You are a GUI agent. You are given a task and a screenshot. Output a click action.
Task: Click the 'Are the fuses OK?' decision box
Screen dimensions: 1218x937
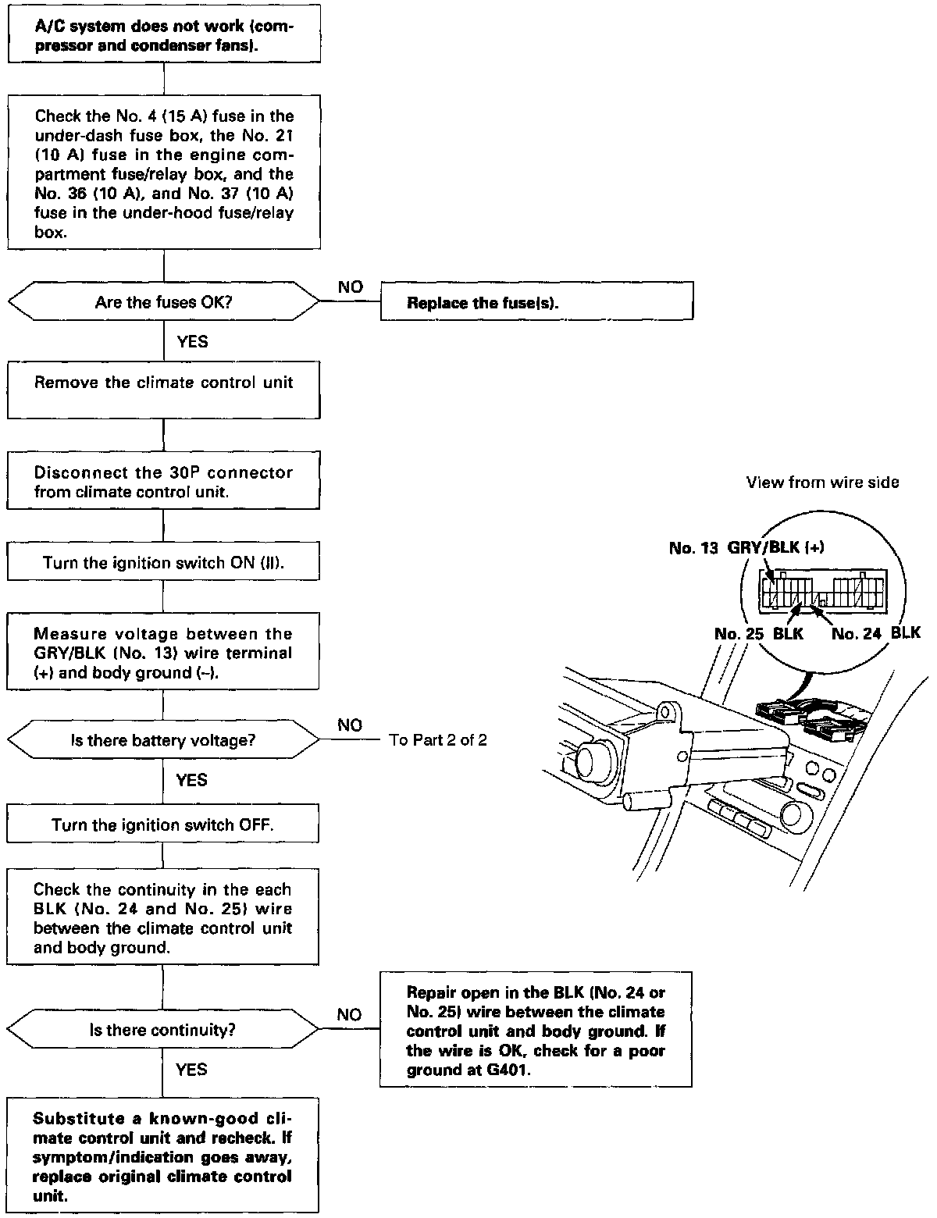click(x=163, y=302)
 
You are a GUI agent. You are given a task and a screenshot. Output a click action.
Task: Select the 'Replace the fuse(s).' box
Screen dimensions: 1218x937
click(x=536, y=302)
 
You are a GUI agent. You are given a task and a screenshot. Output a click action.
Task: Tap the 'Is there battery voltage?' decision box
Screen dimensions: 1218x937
click(x=163, y=739)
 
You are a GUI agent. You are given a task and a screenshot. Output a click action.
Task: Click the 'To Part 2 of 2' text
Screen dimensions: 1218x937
click(x=438, y=740)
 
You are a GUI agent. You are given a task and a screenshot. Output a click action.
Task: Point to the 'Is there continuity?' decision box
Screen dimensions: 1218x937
click(x=163, y=1030)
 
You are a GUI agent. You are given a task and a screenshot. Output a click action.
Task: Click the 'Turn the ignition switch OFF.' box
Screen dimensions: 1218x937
click(x=163, y=824)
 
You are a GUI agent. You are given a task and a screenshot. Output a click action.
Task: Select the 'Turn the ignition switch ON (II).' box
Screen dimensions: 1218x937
click(x=163, y=562)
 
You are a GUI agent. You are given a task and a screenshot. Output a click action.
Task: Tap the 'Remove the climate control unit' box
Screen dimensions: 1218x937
click(x=163, y=389)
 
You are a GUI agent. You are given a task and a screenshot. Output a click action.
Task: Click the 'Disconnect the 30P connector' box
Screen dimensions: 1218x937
click(x=163, y=482)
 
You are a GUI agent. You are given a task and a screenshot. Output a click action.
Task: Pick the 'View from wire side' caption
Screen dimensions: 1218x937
click(x=822, y=483)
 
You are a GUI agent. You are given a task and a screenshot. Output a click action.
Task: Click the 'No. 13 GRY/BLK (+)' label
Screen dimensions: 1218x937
click(x=746, y=547)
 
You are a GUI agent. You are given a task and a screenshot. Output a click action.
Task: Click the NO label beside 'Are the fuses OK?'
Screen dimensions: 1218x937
click(x=351, y=287)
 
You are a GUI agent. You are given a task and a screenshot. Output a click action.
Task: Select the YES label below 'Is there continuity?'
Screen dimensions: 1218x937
click(x=191, y=1069)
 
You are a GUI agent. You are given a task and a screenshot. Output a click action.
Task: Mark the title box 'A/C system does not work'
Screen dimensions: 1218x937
click(x=163, y=35)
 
